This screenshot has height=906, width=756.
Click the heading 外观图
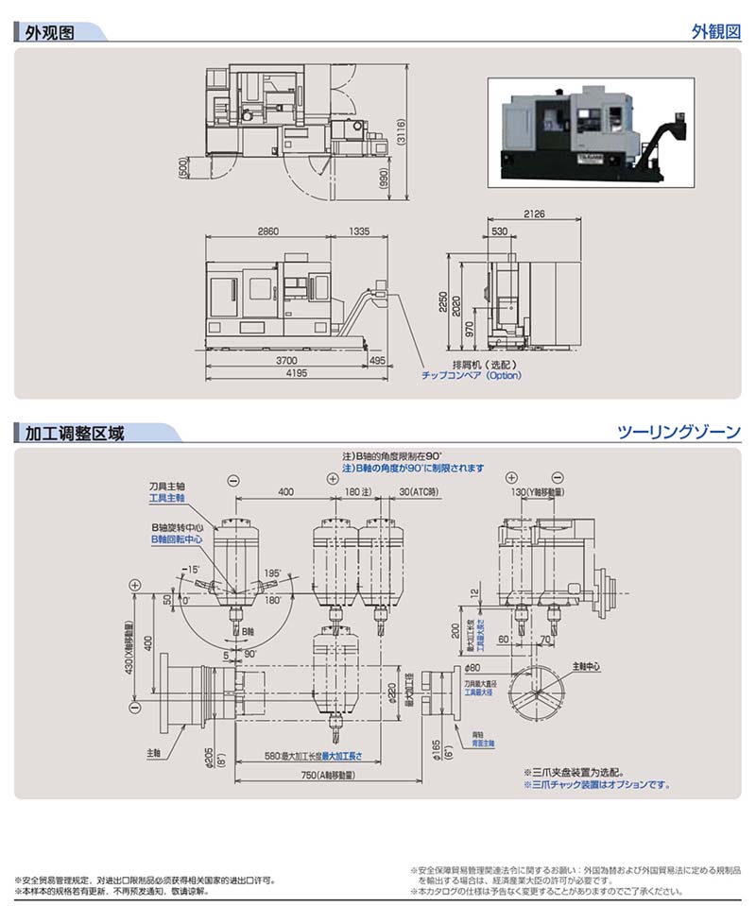(50, 31)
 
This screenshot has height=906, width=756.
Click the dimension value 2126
(534, 214)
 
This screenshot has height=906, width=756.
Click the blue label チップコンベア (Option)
(471, 375)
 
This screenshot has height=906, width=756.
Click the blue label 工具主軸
(166, 497)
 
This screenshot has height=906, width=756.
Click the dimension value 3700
(284, 360)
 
